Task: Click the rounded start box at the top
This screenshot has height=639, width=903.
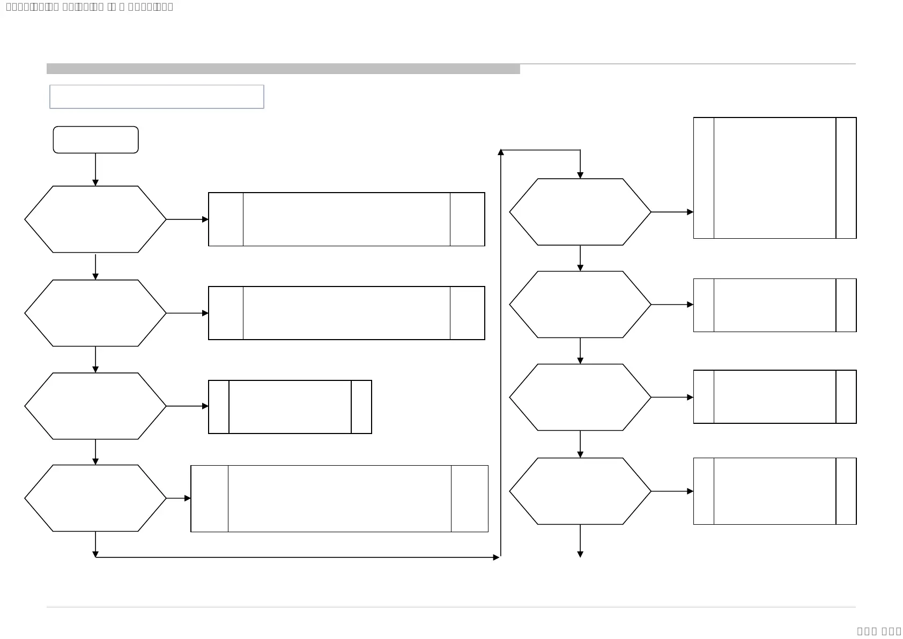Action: pyautogui.click(x=95, y=139)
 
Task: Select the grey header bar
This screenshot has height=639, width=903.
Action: pyautogui.click(x=283, y=69)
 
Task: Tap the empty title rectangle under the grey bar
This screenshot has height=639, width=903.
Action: pyautogui.click(x=157, y=97)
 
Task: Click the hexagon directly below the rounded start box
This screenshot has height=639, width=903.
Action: pyautogui.click(x=95, y=219)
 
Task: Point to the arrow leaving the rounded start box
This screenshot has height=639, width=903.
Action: pyautogui.click(x=95, y=169)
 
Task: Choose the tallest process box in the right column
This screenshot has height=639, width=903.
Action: pyautogui.click(x=774, y=178)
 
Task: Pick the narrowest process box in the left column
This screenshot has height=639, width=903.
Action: pyautogui.click(x=290, y=407)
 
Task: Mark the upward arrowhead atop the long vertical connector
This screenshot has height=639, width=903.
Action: pyautogui.click(x=501, y=152)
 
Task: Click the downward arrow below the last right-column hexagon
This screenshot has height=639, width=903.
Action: pyautogui.click(x=580, y=542)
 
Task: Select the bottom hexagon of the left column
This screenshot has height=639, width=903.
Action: pyautogui.click(x=95, y=498)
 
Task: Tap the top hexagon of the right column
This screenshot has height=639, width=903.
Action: pyautogui.click(x=580, y=212)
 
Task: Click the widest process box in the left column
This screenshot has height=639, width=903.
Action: pyautogui.click(x=339, y=498)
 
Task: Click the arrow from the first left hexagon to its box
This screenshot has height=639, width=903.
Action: pyautogui.click(x=187, y=219)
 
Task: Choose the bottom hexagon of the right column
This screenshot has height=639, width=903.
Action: pyautogui.click(x=580, y=491)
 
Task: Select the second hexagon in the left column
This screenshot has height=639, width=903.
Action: pyautogui.click(x=95, y=313)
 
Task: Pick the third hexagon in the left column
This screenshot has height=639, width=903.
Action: pyautogui.click(x=95, y=406)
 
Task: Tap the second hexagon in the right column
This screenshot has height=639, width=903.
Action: pyautogui.click(x=580, y=304)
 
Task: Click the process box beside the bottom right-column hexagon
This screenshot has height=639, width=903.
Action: pyautogui.click(x=774, y=491)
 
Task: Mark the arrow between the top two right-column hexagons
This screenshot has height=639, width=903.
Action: pyautogui.click(x=580, y=258)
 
